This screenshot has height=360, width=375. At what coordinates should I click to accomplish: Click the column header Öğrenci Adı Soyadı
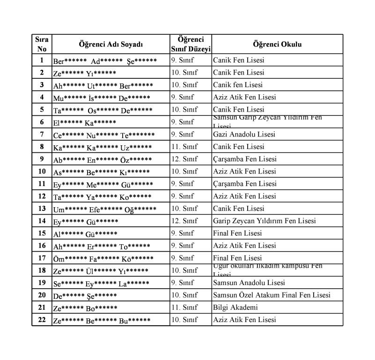(x=111, y=45)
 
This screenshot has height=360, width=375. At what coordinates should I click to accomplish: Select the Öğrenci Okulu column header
(x=277, y=45)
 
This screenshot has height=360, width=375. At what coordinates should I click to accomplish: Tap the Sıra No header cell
(x=42, y=44)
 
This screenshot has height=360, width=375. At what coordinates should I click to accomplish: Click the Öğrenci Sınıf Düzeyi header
(x=191, y=44)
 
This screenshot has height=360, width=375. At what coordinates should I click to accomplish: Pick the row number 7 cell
(x=42, y=135)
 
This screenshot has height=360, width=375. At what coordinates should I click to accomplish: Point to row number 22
(x=42, y=320)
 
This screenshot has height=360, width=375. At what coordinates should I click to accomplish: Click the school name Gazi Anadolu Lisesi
(x=244, y=135)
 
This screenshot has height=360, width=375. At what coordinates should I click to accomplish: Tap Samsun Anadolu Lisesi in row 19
(x=249, y=283)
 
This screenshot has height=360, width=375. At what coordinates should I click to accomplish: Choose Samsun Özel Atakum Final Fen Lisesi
(x=272, y=295)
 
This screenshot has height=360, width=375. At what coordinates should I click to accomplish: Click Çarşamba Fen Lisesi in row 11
(x=244, y=184)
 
